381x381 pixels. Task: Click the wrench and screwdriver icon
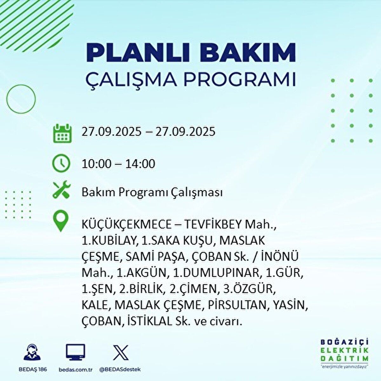61,190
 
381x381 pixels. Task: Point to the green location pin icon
61,222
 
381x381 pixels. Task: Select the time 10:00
97,164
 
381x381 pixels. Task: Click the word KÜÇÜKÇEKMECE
126,225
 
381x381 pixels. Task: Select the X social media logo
121,352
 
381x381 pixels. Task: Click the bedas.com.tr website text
76,370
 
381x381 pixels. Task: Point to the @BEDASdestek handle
120,370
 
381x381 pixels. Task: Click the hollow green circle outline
21,99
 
